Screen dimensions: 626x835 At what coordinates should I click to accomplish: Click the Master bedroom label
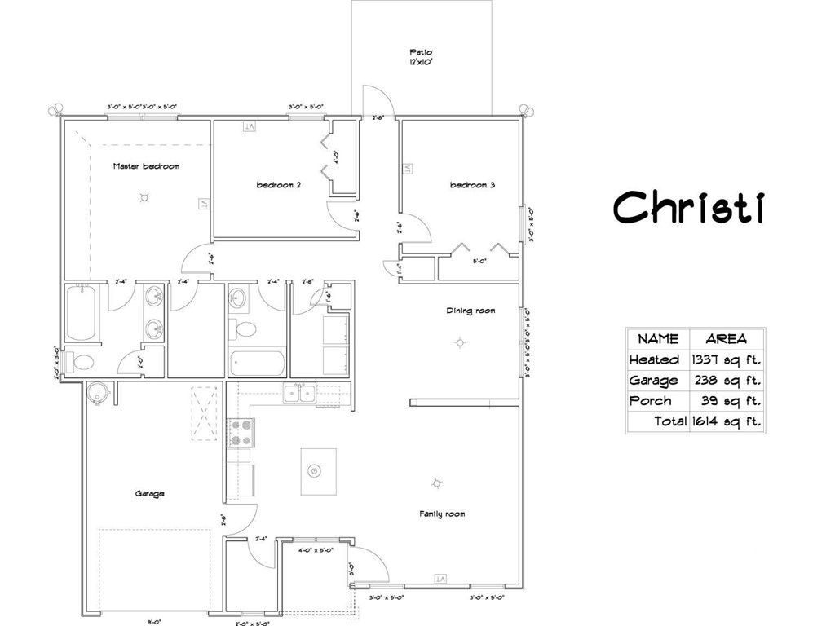click(146, 166)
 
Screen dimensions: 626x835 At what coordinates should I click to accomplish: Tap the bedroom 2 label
click(279, 185)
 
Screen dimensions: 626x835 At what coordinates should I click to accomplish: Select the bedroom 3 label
click(473, 185)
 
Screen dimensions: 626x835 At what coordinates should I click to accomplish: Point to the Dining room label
click(471, 311)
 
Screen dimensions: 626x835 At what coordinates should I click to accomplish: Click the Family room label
click(442, 514)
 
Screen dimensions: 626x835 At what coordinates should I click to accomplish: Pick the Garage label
click(150, 493)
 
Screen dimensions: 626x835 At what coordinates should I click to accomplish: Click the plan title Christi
click(689, 207)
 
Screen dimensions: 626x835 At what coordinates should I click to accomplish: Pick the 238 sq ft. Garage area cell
click(726, 380)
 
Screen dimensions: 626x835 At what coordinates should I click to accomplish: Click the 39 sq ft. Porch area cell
click(731, 400)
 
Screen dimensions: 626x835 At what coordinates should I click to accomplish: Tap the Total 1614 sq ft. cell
click(707, 421)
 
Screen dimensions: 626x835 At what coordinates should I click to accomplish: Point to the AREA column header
click(726, 339)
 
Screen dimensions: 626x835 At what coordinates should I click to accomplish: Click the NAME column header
click(658, 339)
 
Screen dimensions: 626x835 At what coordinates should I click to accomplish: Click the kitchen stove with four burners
click(242, 432)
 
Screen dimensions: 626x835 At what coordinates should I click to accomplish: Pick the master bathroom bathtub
click(83, 313)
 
